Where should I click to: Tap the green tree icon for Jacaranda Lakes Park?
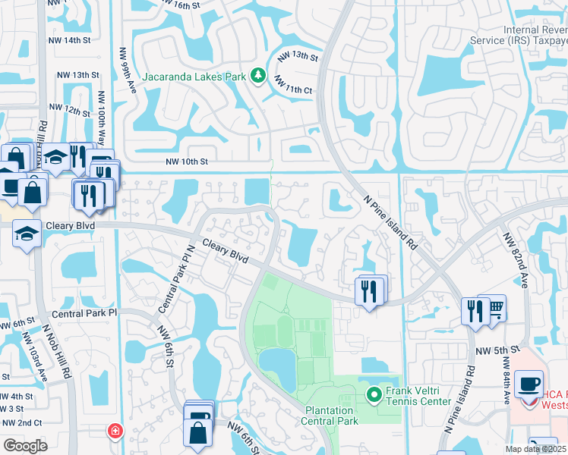click(258, 75)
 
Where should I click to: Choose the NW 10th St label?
click(186, 162)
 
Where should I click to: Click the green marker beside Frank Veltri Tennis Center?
click(374, 395)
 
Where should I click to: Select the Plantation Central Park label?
click(330, 416)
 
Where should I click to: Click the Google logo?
click(24, 446)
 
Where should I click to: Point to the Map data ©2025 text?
click(535, 449)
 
